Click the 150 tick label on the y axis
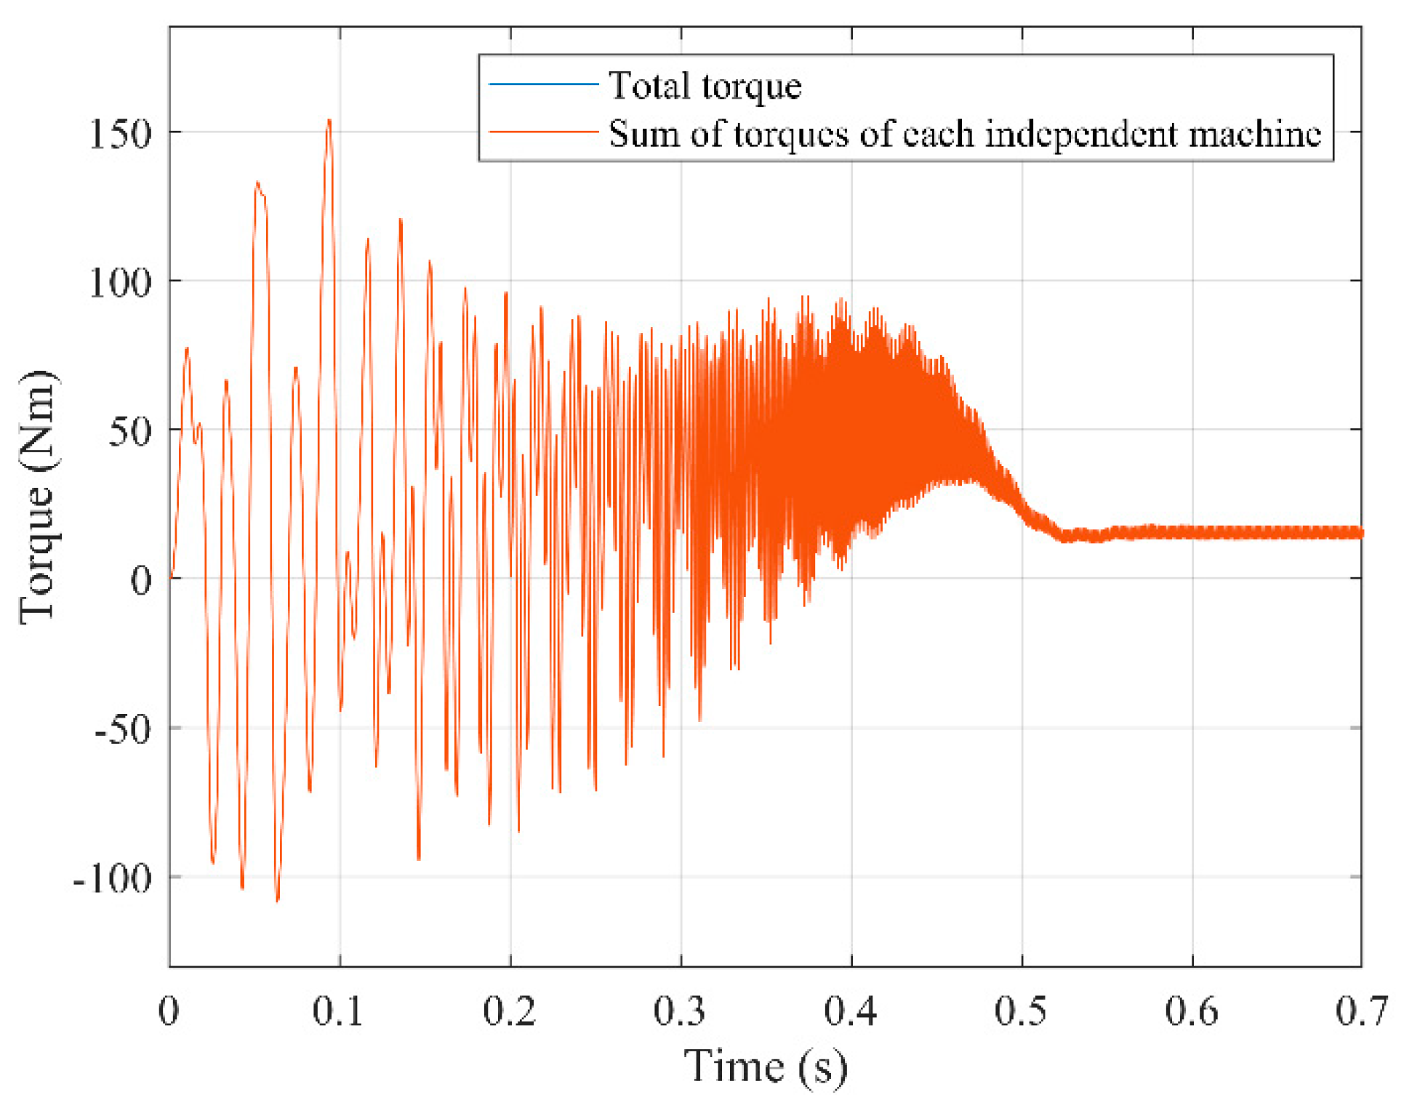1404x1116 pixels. [120, 135]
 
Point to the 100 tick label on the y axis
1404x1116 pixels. [120, 283]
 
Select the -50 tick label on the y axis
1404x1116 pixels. [124, 729]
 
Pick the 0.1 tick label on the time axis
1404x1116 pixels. [338, 1011]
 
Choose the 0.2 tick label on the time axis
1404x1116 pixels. [509, 1011]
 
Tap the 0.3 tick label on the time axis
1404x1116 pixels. [680, 1011]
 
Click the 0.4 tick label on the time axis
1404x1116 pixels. [850, 1011]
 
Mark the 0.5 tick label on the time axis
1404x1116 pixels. [1021, 1011]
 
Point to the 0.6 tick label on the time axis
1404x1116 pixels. [1191, 1011]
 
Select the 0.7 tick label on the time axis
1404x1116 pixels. [1361, 1011]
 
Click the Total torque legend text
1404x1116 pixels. [705, 86]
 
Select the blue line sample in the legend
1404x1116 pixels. [543, 84]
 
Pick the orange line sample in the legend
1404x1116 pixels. [543, 132]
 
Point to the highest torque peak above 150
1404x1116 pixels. [329, 121]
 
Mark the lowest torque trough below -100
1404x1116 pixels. [277, 900]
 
